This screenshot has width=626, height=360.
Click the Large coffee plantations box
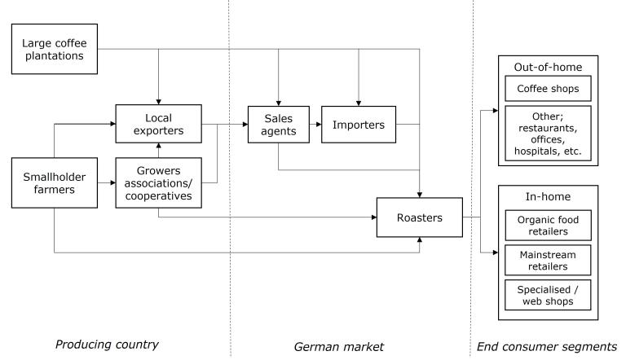tap(55, 49)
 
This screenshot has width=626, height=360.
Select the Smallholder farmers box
tap(55, 182)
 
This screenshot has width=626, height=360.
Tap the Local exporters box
tap(158, 124)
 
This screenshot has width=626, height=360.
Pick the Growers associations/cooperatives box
tap(158, 182)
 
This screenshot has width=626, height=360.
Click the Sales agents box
tap(279, 125)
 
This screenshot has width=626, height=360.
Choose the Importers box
tap(359, 125)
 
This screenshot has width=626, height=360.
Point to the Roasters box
tap(420, 217)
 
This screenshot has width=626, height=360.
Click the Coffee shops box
tap(548, 89)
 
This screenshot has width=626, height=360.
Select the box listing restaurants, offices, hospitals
tap(548, 134)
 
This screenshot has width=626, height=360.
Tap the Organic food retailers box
tap(548, 226)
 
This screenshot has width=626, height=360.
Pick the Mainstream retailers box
tap(548, 260)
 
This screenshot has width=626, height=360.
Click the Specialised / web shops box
tap(548, 296)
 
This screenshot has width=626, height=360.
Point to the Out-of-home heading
tap(548, 67)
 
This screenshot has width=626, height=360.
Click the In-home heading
tap(548, 196)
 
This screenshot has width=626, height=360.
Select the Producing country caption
tap(107, 345)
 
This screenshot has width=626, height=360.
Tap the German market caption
tap(338, 347)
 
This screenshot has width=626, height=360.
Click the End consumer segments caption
tap(547, 347)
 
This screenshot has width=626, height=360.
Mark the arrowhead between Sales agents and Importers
tap(319, 125)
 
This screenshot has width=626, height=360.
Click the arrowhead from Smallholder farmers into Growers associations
tap(112, 182)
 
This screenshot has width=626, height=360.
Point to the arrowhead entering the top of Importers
tap(359, 103)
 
